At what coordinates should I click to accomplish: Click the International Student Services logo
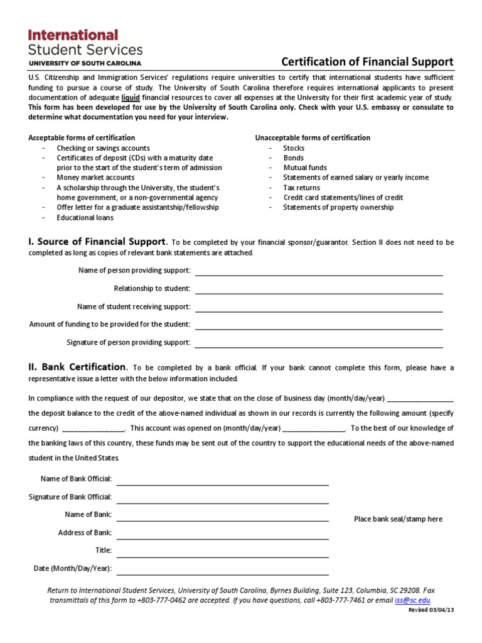pyautogui.click(x=85, y=46)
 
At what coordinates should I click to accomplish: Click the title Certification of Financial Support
pyautogui.click(x=367, y=62)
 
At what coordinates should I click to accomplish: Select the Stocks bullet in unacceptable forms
pyautogui.click(x=294, y=148)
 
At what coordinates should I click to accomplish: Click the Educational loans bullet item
pyautogui.click(x=85, y=218)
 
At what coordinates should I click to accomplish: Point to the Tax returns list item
pyautogui.click(x=301, y=188)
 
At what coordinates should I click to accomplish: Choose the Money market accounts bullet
pyautogui.click(x=95, y=178)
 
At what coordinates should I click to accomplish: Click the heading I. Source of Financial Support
pyautogui.click(x=98, y=242)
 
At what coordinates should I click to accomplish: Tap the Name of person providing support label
pyautogui.click(x=134, y=271)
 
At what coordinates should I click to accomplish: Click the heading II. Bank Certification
pyautogui.click(x=78, y=367)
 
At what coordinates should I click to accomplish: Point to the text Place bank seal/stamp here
pyautogui.click(x=398, y=519)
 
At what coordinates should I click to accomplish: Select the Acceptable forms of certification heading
pyautogui.click(x=82, y=138)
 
